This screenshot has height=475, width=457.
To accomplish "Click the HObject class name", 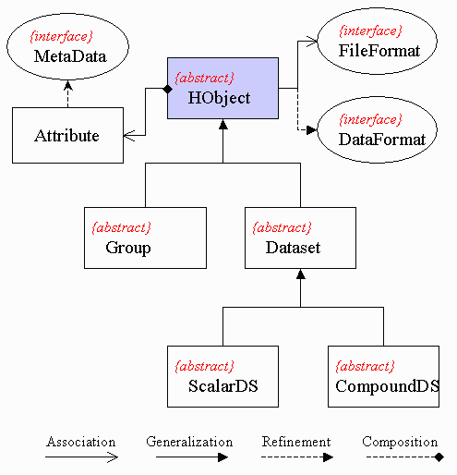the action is [219, 99].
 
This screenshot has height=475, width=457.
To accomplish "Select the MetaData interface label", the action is [70, 56].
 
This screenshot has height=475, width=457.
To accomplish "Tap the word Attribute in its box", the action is [66, 136].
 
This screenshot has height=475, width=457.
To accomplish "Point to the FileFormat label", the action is [379, 51].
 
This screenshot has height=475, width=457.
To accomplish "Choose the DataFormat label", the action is [382, 140].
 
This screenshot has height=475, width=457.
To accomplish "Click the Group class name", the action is [128, 248].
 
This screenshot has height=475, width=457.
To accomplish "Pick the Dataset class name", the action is [293, 248].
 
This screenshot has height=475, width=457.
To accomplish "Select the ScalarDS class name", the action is [223, 386].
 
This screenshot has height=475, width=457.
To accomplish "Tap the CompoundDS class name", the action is [387, 386].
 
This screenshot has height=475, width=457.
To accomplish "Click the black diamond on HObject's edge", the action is [167, 89].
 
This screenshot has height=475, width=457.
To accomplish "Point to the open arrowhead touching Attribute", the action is [129, 136].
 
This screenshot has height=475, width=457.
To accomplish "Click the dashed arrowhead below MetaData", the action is [67, 85].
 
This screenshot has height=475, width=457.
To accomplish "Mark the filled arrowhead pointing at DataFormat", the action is [311, 130].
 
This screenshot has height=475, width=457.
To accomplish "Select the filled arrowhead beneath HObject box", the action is [223, 124].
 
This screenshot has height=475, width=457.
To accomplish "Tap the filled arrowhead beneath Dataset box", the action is [301, 274].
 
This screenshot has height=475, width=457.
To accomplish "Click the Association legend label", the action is [81, 442].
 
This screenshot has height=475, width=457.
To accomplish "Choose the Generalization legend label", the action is [189, 442].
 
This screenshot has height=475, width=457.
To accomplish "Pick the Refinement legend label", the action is [296, 442].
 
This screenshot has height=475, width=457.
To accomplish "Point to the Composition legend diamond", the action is [439, 457].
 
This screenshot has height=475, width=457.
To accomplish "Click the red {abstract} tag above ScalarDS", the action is [204, 367].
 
